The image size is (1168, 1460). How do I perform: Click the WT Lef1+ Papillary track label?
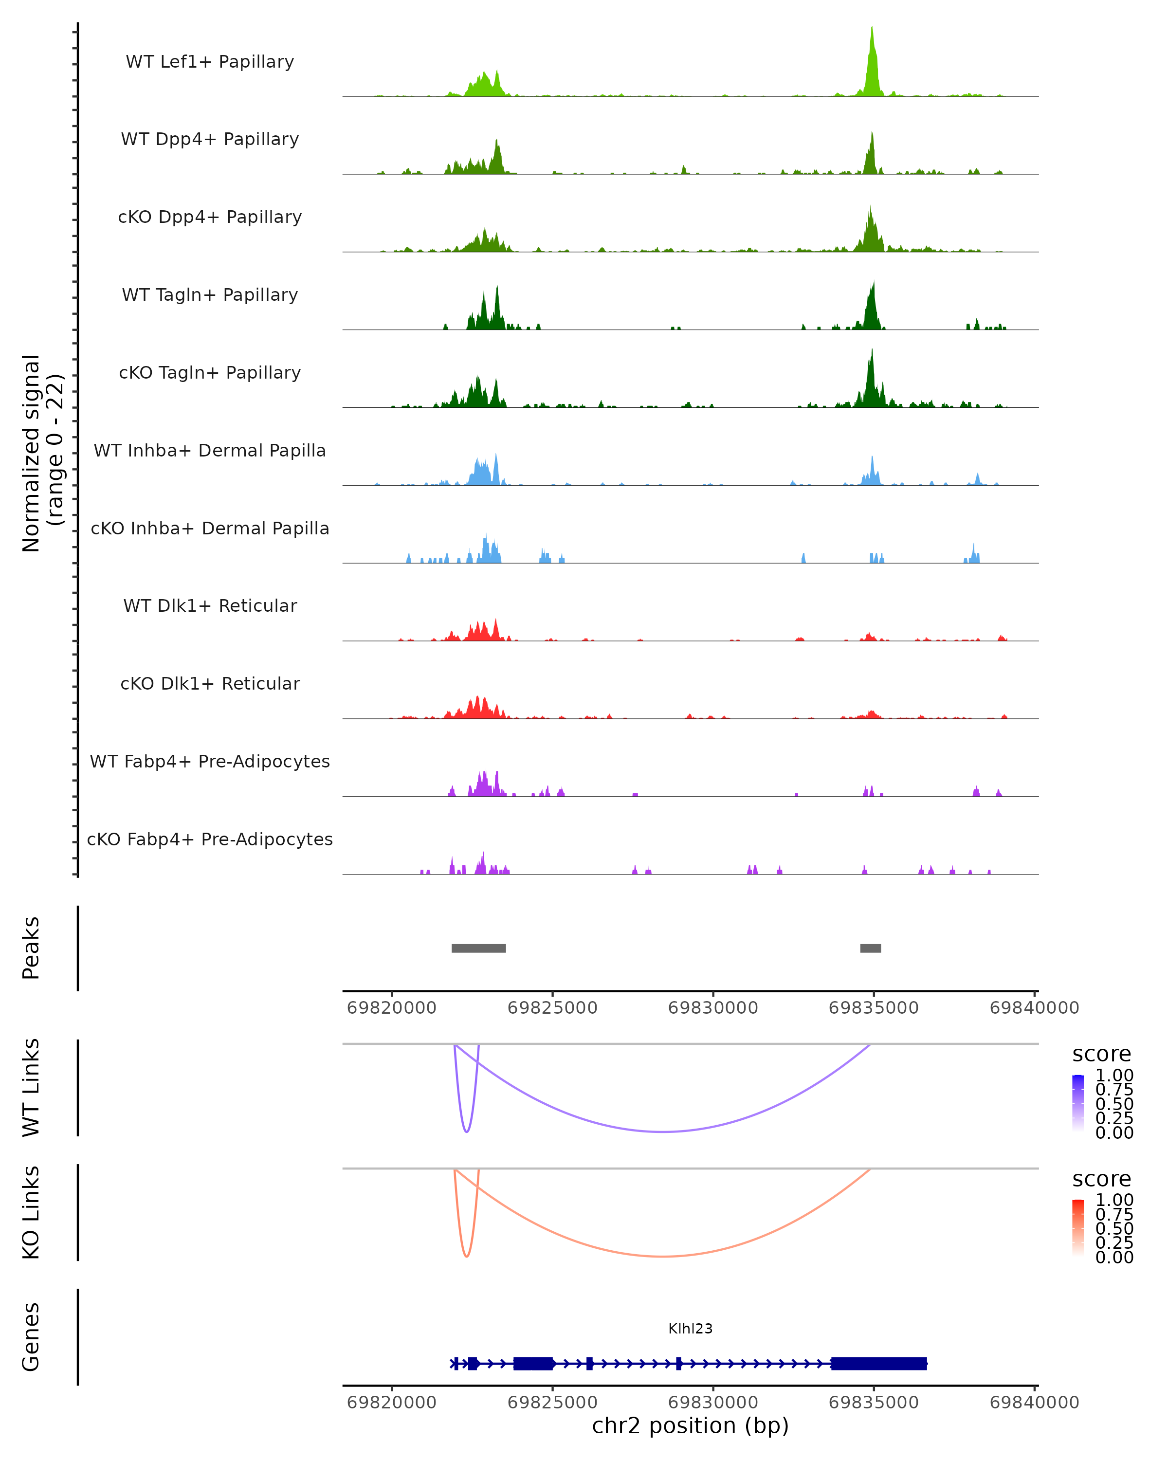(210, 62)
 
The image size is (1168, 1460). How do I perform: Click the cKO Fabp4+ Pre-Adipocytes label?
(210, 839)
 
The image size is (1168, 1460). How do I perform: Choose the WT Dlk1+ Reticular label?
(210, 605)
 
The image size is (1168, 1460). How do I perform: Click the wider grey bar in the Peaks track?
(479, 948)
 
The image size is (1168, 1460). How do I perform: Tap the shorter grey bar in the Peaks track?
(870, 948)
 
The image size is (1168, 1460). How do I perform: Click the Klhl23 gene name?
(690, 1329)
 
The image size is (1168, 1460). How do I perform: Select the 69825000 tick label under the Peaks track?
(552, 1008)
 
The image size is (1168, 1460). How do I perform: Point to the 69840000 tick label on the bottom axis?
(1034, 1403)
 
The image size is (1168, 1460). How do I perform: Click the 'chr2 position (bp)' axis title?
(690, 1425)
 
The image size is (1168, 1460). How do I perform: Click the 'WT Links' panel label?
(31, 1088)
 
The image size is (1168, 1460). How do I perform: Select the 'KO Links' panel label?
(31, 1212)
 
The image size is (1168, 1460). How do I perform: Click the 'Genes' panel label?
(31, 1337)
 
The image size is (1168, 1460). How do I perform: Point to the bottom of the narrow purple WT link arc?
(467, 1131)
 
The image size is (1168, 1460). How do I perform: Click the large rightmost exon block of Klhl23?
(878, 1363)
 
